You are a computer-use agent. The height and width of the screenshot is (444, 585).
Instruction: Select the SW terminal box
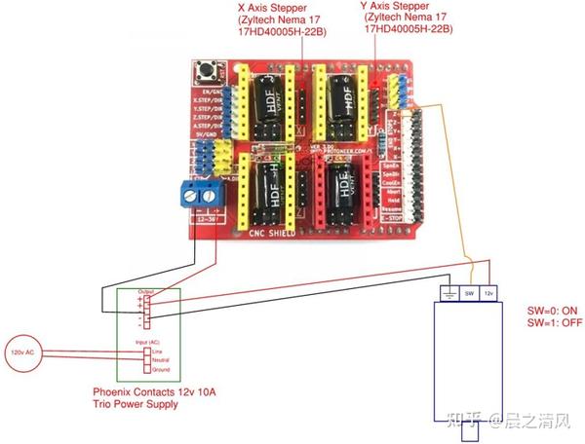point(468,291)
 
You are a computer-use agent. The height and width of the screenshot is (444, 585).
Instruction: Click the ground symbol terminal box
point(447,291)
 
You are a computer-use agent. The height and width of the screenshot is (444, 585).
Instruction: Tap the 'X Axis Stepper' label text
point(274,7)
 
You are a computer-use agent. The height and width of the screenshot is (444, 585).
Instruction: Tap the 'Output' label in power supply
point(146,292)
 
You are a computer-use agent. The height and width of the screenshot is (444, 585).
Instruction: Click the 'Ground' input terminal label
point(163,370)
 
